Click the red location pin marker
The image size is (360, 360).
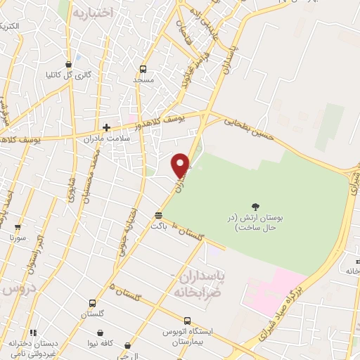tap(181, 165)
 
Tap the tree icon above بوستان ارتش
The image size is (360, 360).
tap(254, 205)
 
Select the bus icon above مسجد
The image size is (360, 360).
tap(143, 69)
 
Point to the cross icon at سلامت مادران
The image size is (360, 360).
tap(106, 127)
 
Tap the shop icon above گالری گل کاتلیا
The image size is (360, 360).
tap(68, 62)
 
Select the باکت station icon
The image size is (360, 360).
tap(159, 215)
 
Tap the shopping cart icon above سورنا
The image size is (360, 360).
tap(18, 226)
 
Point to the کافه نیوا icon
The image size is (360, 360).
tap(101, 333)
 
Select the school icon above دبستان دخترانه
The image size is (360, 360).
tap(32, 332)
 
